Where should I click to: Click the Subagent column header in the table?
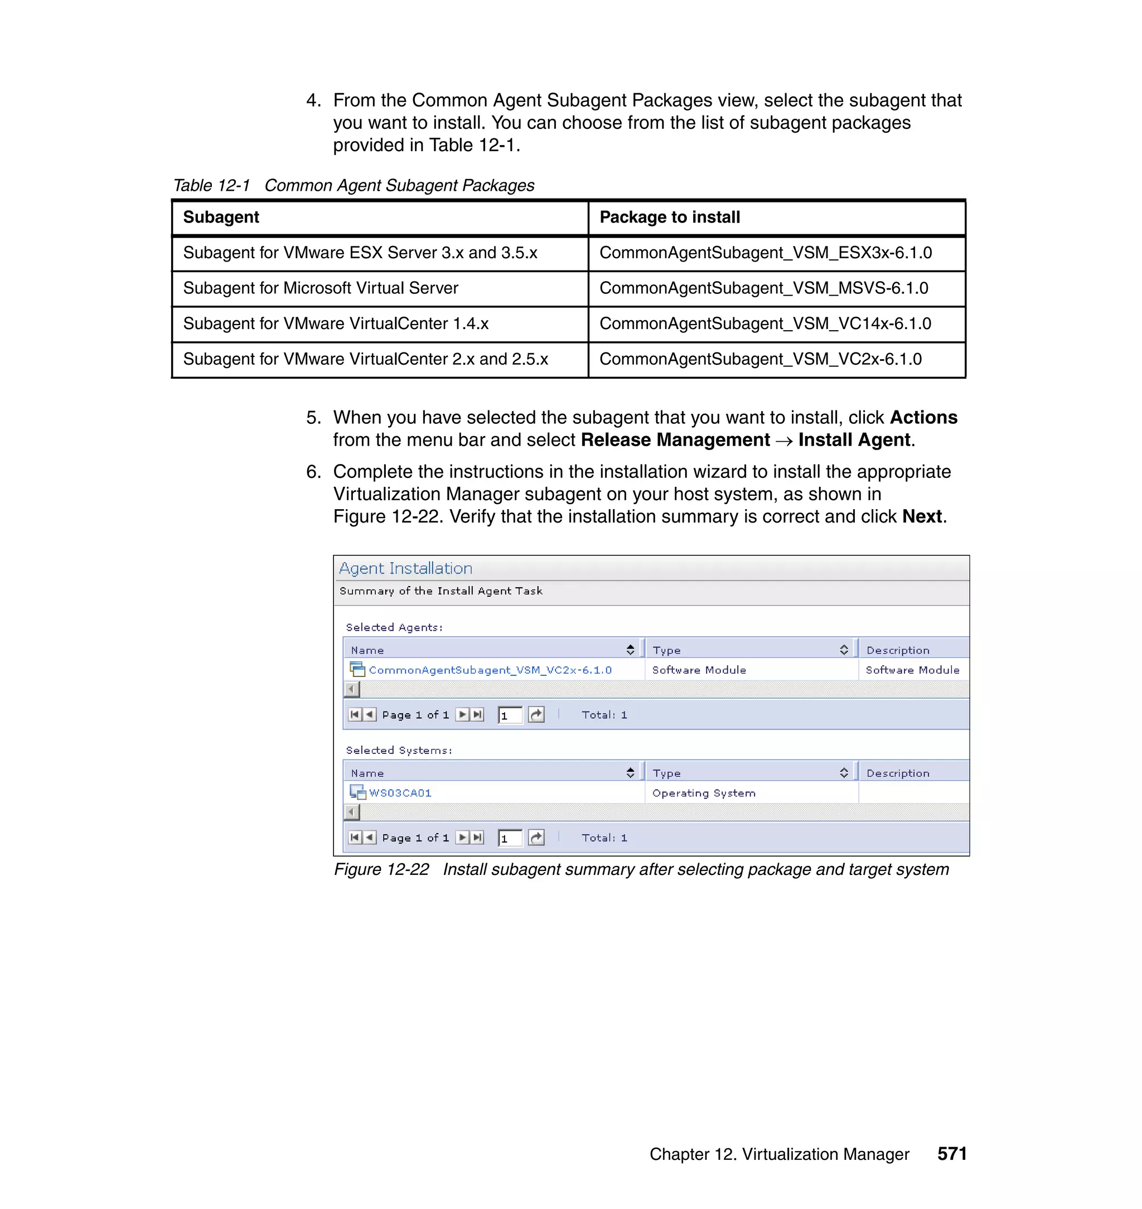pos(221,217)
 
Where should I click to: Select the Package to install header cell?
pos(670,217)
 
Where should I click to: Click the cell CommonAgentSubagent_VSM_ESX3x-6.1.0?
pos(765,253)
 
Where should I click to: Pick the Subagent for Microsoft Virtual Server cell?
pos(320,288)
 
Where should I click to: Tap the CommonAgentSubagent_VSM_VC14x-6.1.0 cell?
pos(764,323)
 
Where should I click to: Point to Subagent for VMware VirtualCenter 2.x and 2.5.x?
pos(365,359)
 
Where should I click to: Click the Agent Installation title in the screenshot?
pos(405,569)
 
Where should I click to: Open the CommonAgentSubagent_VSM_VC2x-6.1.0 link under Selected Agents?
pos(490,670)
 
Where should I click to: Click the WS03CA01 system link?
pos(400,793)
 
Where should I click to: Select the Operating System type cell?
pos(704,793)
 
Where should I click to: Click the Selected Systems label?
pos(399,751)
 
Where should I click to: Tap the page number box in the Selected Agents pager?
pos(510,715)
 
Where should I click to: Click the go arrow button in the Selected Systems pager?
pos(536,838)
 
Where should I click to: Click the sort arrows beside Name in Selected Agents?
pos(630,650)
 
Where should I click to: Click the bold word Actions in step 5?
pos(923,418)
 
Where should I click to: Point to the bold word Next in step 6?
pos(922,517)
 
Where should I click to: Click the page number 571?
pos(951,1154)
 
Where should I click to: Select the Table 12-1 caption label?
pos(212,186)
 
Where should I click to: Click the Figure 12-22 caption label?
pos(381,869)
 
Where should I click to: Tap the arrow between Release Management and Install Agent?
pos(784,441)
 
